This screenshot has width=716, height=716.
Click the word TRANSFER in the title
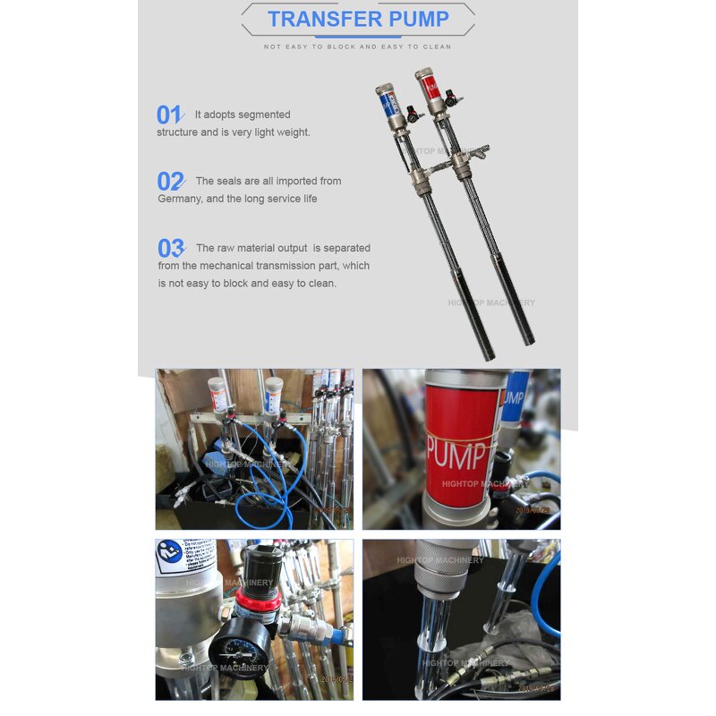(x=317, y=19)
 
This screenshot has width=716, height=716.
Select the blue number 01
(x=168, y=115)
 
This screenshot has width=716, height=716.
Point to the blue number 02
(x=169, y=182)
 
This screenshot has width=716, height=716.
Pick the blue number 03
(x=170, y=249)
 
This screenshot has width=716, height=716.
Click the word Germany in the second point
(x=180, y=199)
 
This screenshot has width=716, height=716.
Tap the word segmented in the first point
(x=261, y=115)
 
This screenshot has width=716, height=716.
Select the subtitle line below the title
(x=358, y=47)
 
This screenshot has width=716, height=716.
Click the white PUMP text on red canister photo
(x=456, y=447)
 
